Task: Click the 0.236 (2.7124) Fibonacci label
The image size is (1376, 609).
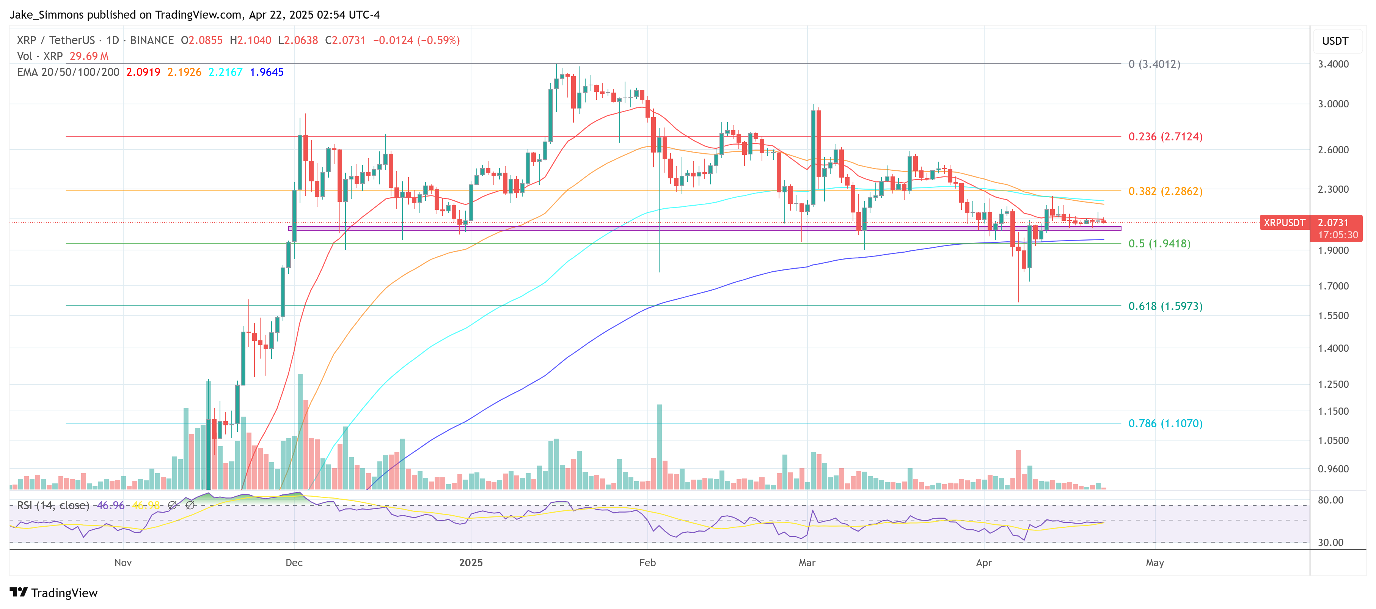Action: tap(1165, 137)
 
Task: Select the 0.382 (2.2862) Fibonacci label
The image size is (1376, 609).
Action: tap(1165, 191)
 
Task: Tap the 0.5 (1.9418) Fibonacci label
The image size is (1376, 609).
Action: tap(1159, 244)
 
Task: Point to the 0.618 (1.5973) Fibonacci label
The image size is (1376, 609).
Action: tap(1165, 306)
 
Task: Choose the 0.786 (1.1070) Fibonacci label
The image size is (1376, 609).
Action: tap(1165, 423)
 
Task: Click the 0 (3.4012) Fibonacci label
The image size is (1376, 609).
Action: tap(1154, 64)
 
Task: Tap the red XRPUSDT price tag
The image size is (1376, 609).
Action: tap(1284, 223)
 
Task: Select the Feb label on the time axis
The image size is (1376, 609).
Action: tap(647, 563)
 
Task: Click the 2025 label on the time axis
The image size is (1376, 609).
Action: tap(471, 563)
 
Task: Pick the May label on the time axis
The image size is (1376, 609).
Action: tap(1155, 563)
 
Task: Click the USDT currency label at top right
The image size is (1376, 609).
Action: tap(1335, 41)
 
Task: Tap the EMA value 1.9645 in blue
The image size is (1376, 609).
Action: tap(267, 72)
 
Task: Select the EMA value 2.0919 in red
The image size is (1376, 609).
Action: tap(143, 72)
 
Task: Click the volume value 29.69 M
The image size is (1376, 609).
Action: tap(89, 56)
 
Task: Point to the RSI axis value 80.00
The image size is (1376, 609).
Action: tap(1330, 500)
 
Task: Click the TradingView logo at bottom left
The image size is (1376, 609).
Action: tap(53, 593)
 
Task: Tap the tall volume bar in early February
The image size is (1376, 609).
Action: tap(659, 446)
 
